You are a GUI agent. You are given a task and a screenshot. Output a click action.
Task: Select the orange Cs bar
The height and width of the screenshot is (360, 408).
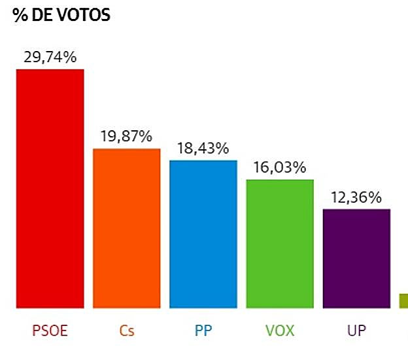[127, 228]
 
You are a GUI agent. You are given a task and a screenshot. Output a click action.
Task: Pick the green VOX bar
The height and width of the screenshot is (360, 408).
[280, 243]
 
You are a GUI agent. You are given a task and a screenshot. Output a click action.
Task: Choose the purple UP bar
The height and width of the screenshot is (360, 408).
[356, 259]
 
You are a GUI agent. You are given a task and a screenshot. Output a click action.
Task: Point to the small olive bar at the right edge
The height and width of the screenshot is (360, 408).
[403, 300]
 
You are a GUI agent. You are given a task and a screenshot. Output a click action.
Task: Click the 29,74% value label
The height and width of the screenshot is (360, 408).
[50, 58]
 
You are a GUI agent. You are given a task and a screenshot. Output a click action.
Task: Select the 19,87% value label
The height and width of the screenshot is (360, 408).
[126, 137]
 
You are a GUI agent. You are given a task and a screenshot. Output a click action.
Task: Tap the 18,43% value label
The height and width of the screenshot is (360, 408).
[203, 149]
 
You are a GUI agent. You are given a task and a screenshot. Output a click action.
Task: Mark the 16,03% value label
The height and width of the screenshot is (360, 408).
[280, 168]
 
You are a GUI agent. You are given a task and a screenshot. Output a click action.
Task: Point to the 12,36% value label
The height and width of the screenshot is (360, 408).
[356, 197]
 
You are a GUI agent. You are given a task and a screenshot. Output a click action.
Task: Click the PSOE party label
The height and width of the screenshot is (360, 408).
[50, 330]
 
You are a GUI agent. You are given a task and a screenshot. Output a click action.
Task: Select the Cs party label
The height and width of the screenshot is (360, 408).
[127, 330]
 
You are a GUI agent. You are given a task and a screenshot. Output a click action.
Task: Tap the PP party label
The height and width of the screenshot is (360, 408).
[203, 330]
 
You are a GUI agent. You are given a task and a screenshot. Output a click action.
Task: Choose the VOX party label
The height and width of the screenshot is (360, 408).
[280, 330]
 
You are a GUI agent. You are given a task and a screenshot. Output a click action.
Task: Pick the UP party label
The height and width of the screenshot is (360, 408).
[356, 330]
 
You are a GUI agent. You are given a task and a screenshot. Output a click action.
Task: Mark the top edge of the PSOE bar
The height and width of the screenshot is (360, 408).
[50, 70]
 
